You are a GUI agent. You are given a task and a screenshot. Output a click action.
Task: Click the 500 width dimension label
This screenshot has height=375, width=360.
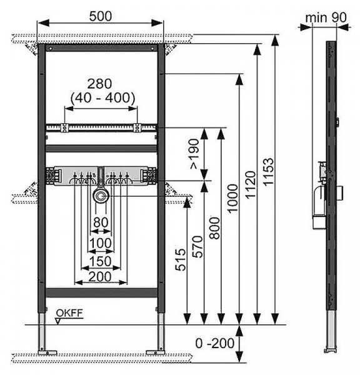pyautogui.click(x=101, y=16)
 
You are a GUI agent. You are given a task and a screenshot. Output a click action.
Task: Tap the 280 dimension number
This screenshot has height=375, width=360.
pyautogui.click(x=99, y=84)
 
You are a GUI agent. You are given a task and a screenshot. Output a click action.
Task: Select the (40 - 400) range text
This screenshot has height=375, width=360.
pyautogui.click(x=103, y=97)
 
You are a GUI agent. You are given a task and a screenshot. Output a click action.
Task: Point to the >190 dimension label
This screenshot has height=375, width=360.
pyautogui.click(x=194, y=154)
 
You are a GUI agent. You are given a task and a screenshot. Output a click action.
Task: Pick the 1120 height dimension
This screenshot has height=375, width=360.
pyautogui.click(x=251, y=184)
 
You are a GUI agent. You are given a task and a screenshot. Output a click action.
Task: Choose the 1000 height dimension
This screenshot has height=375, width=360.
pyautogui.click(x=232, y=198)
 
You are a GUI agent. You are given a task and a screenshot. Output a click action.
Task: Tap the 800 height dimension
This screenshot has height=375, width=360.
pyautogui.click(x=215, y=228)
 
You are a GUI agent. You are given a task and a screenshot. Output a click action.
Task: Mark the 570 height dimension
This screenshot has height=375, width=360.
pyautogui.click(x=197, y=247)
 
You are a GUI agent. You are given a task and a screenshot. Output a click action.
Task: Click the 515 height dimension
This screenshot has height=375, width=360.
pyautogui.click(x=181, y=260)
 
